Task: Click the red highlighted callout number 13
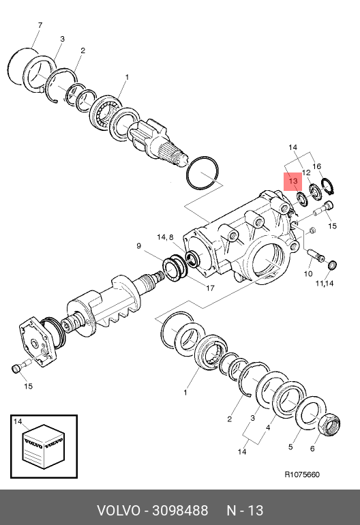click(293, 181)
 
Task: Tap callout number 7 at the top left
click(40, 25)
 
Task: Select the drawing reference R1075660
click(302, 475)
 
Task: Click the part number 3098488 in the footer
click(180, 511)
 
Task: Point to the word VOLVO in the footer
click(119, 511)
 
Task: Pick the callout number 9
click(139, 246)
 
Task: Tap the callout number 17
click(210, 288)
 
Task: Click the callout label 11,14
click(325, 283)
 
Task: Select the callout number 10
click(308, 274)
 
